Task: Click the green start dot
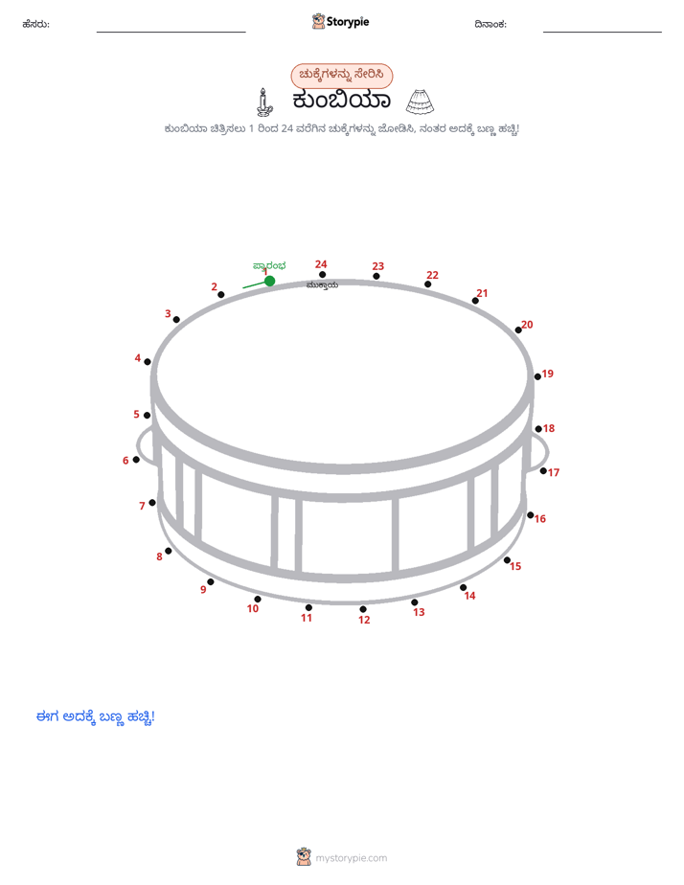270,281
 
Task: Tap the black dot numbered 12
363,609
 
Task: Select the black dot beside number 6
136,460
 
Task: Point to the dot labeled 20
518,329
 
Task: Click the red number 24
321,264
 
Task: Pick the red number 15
515,566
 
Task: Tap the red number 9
203,589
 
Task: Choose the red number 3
168,314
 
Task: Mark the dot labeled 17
543,470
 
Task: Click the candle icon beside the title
263,102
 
